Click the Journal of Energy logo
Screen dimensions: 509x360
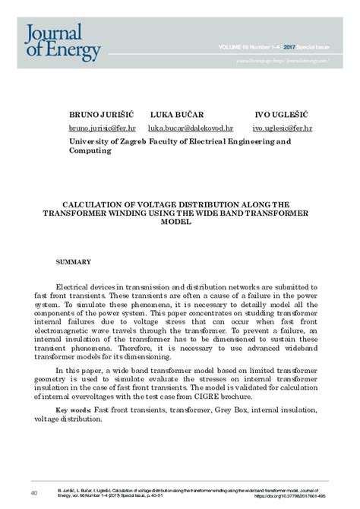click(63, 42)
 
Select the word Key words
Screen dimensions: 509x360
click(74, 410)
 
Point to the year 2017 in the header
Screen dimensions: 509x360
click(277, 47)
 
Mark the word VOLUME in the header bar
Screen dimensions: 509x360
click(231, 47)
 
